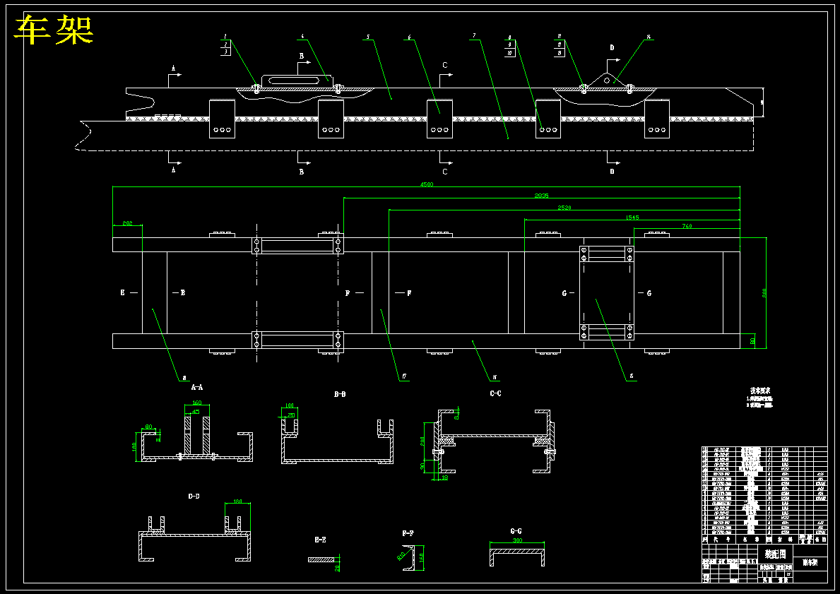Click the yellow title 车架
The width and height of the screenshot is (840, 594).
tap(54, 30)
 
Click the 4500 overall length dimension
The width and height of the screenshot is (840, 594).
tap(426, 184)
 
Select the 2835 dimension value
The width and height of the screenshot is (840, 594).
tap(542, 195)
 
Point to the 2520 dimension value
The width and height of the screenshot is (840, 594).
tap(564, 207)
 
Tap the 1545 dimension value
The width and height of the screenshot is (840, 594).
tap(632, 217)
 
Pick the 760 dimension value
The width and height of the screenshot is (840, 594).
tap(687, 226)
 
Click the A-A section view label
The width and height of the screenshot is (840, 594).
tap(197, 387)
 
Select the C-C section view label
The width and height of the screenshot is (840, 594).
tap(495, 393)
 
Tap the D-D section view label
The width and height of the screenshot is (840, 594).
tap(194, 497)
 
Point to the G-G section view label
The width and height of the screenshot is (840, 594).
tap(516, 530)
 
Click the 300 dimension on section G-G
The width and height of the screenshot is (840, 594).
tap(518, 540)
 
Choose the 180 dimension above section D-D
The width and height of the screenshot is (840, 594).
tap(237, 502)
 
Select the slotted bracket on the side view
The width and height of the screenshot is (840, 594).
tap(296, 80)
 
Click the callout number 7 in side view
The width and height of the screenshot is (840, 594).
tap(474, 35)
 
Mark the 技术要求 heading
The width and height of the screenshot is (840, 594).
tap(760, 390)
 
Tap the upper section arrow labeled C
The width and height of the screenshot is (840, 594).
tap(444, 66)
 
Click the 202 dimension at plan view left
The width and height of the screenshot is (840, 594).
tap(127, 223)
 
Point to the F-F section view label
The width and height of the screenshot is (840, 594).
tap(408, 534)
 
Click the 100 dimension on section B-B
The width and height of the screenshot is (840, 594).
tap(289, 405)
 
